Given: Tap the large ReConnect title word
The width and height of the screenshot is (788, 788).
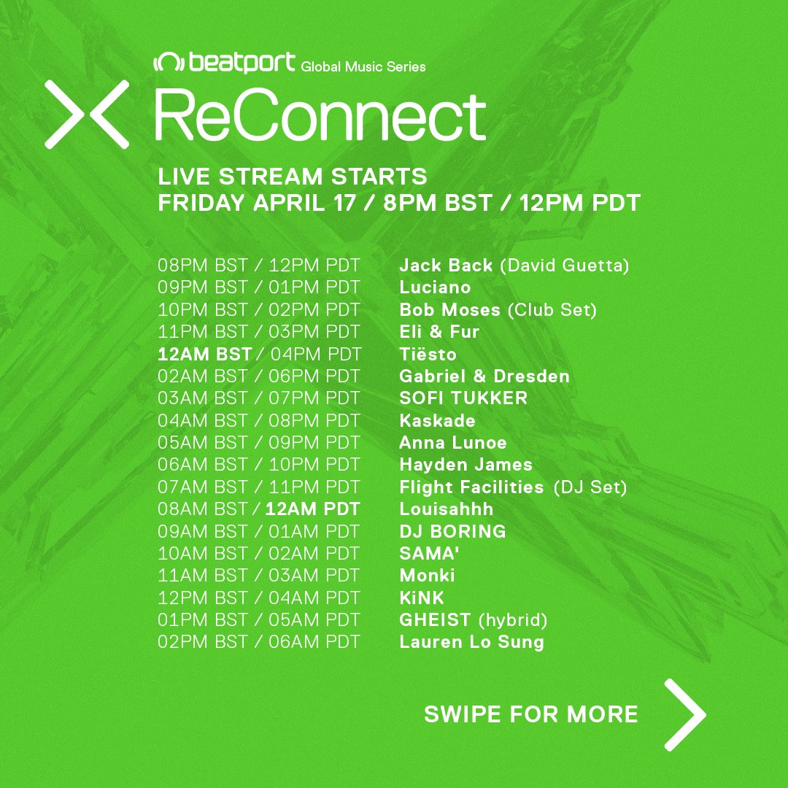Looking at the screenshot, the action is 320,117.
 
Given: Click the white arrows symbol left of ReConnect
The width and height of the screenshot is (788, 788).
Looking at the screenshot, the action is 87,115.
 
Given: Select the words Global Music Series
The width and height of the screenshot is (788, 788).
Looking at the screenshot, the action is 363,67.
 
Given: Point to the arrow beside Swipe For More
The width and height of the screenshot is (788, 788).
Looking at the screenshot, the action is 685,714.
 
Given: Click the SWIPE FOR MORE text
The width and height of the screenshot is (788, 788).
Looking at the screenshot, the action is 531,714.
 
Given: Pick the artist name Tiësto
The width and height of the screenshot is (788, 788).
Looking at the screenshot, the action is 428,355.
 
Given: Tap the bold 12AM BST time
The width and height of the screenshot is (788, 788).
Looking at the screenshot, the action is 204,355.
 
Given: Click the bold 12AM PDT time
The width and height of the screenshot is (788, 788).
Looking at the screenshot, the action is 312,509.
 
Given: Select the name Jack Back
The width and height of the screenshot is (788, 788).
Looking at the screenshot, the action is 446,266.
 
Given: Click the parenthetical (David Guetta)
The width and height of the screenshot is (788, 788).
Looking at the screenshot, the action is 564,266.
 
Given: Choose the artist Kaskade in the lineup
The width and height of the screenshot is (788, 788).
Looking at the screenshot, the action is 437,421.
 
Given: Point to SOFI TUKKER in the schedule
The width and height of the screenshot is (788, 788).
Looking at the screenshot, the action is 463,398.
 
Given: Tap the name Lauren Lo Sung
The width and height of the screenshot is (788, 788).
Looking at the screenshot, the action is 471,642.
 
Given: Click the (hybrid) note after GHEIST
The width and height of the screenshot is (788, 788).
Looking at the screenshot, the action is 513,620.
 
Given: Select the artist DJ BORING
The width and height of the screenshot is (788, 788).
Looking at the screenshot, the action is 452,531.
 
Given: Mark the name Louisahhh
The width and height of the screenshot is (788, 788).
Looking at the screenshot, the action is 447,509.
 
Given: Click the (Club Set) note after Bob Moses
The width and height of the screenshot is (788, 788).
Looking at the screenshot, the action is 552,309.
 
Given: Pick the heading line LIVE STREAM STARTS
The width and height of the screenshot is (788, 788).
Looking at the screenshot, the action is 293,177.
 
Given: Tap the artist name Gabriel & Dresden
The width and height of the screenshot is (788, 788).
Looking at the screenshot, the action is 484,376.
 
